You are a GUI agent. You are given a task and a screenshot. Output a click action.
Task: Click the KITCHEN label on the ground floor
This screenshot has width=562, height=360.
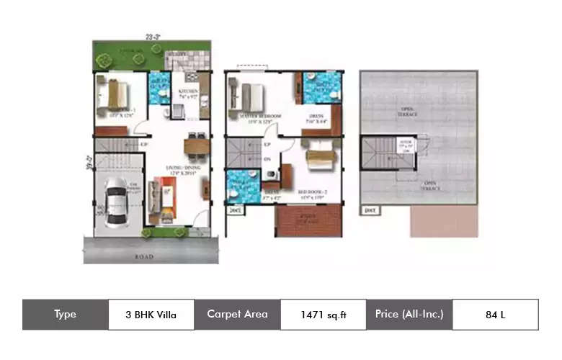click(x=189, y=92)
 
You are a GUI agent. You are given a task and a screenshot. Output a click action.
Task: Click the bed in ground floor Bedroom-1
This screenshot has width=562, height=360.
click(x=113, y=94)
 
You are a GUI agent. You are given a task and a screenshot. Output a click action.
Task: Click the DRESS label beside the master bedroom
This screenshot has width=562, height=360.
click(x=316, y=115)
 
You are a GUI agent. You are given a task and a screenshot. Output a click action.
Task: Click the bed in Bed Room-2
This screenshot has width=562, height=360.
click(x=321, y=155)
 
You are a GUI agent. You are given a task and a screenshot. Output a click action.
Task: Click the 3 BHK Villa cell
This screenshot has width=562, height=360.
click(x=151, y=314)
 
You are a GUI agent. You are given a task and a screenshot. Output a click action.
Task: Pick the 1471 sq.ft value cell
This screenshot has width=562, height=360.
click(x=323, y=314)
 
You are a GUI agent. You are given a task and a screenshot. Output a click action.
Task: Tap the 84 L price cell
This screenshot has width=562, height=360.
click(x=494, y=314)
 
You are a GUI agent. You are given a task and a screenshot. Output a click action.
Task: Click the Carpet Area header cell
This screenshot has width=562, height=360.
click(x=237, y=314)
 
